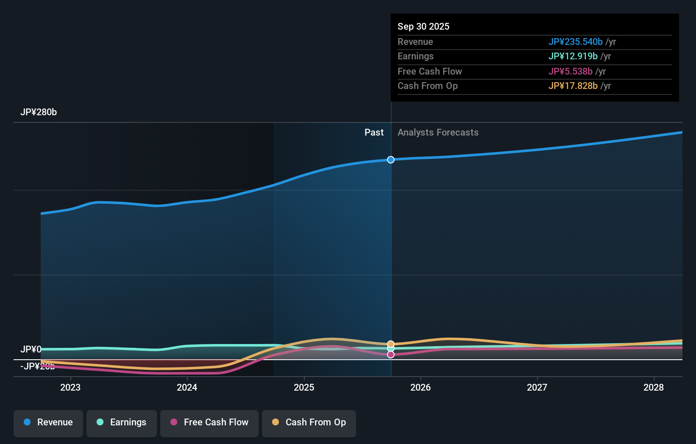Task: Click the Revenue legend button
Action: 48,422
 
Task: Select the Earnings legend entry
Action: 122,422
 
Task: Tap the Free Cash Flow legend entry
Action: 209,422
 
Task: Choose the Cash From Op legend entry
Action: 309,422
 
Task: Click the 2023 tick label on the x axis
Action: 70,387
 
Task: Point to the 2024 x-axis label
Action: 187,387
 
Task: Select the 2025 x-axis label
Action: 304,387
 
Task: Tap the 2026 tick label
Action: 420,387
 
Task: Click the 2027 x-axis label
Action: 537,387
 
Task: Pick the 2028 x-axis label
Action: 654,387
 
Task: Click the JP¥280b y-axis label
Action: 39,112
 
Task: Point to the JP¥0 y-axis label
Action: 31,350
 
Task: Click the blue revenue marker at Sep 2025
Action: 391,160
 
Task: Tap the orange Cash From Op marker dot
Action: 391,344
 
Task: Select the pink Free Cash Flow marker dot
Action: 391,355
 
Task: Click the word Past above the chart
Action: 374,133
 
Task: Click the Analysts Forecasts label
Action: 438,133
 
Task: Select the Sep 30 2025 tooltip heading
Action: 423,27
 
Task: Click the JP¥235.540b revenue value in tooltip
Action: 575,42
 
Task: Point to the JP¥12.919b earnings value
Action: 573,56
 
